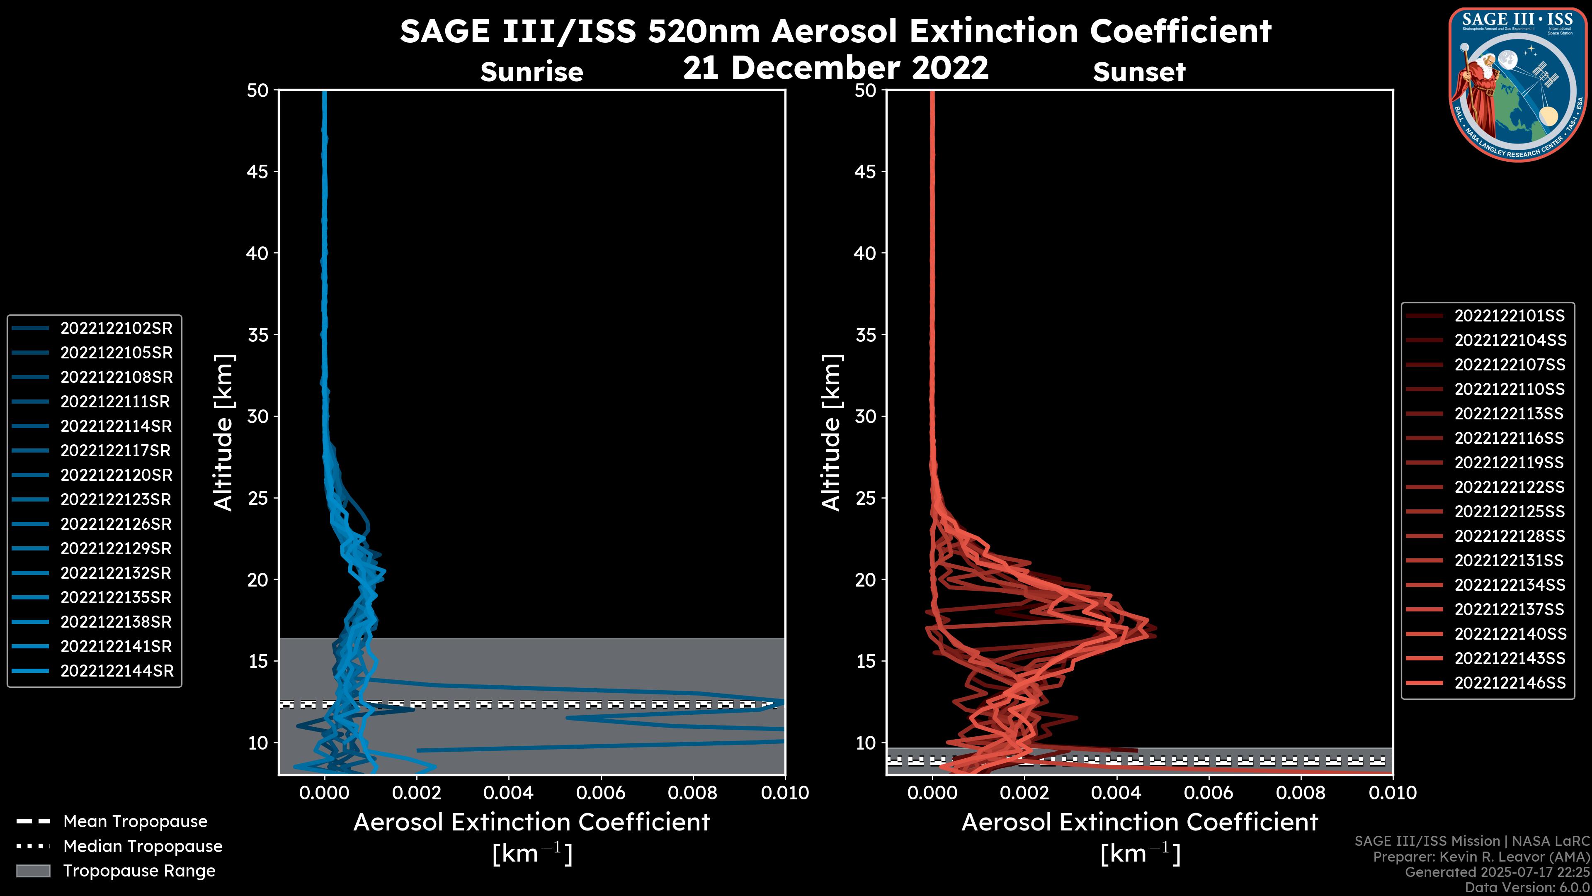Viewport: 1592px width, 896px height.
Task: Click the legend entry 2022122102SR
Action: click(x=116, y=329)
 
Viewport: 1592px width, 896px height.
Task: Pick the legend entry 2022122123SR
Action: click(x=116, y=499)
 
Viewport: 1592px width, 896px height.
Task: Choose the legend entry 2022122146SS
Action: click(x=1510, y=683)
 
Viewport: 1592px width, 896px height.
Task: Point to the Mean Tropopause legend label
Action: click(x=135, y=822)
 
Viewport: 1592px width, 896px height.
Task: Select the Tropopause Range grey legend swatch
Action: click(x=33, y=871)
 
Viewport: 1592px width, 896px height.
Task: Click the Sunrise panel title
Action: click(x=531, y=72)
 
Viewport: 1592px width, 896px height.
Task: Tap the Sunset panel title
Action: click(x=1139, y=72)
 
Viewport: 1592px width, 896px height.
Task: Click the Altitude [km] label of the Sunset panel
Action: click(x=832, y=433)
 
